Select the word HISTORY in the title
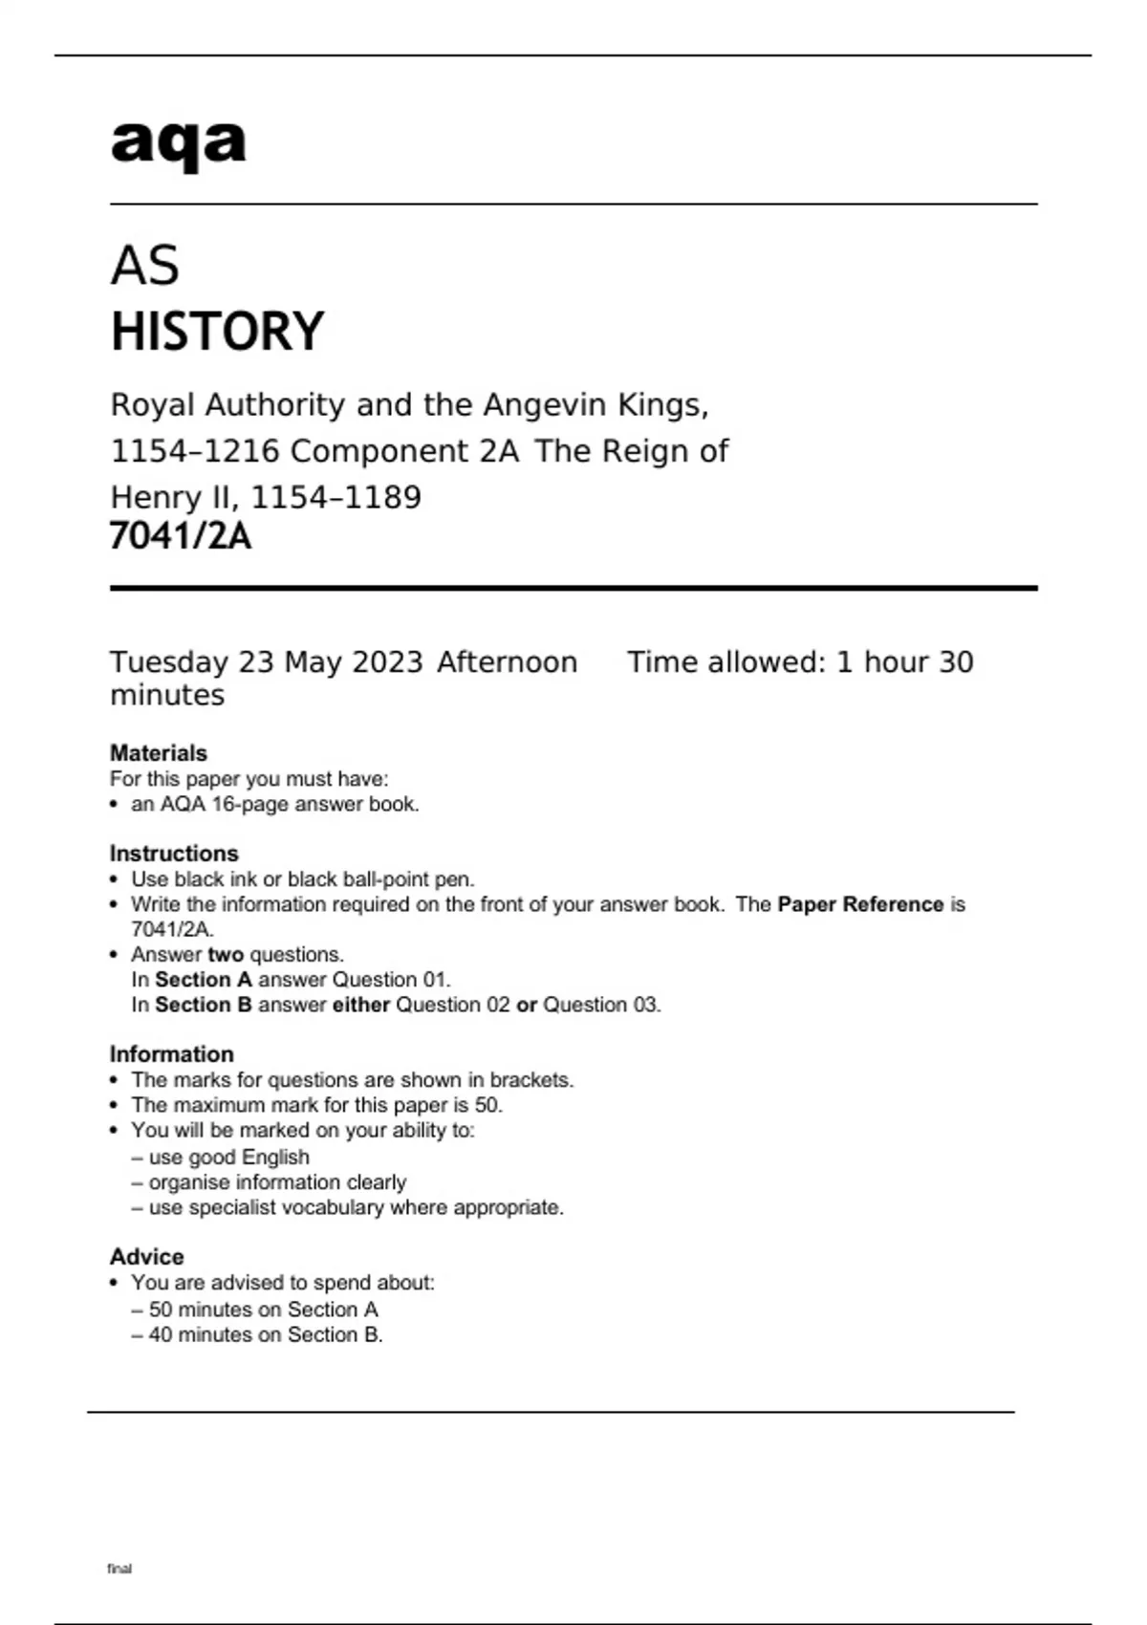click(x=218, y=332)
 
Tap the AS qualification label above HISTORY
click(x=145, y=266)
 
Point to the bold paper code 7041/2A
click(x=181, y=536)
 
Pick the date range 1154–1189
click(x=335, y=497)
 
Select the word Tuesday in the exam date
click(x=169, y=662)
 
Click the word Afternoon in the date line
click(x=507, y=662)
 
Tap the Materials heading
click(x=159, y=753)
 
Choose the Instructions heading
click(x=174, y=854)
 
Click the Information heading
click(x=172, y=1054)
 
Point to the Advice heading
click(x=147, y=1257)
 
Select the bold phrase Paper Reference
click(x=860, y=904)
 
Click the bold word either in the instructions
click(x=361, y=1005)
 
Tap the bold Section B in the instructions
click(x=204, y=1005)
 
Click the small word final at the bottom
click(x=119, y=1569)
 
